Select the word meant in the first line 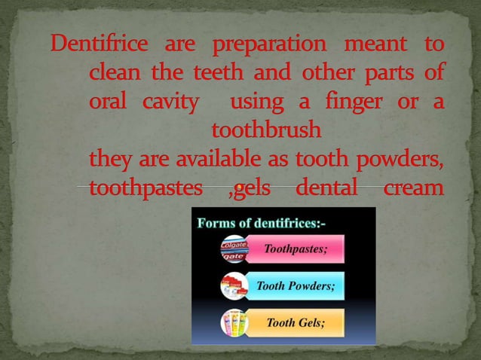click(375, 44)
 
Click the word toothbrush click(266, 130)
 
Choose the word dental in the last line click(326, 188)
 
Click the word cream click(413, 188)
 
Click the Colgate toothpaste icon click(234, 249)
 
